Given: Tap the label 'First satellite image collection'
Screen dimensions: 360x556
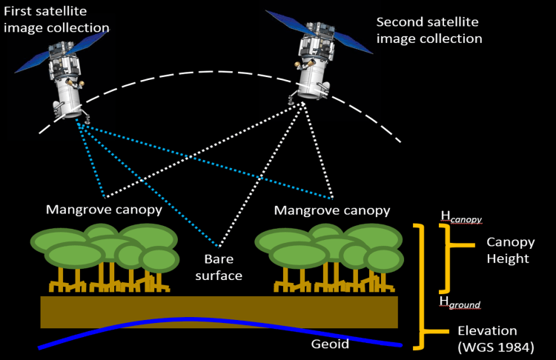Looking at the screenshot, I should pos(56,20).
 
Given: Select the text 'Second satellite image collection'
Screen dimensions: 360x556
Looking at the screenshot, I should pos(429,30).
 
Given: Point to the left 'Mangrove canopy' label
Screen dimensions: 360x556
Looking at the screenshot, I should pos(105,210).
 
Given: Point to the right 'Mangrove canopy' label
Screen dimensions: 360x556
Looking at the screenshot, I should pos(332,210).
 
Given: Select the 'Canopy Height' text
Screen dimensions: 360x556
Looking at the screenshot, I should pos(508,250).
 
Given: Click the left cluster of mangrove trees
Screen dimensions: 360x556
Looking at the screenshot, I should pos(104,256).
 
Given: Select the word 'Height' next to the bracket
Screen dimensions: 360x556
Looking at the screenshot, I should pos(508,259).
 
